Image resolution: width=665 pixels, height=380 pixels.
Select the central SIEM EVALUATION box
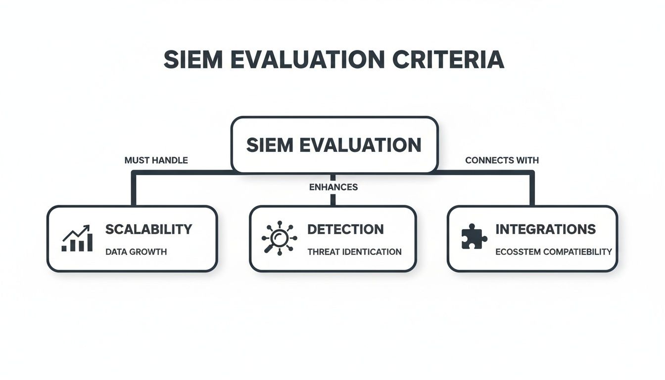click(334, 145)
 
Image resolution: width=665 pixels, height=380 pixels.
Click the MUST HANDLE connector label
click(156, 160)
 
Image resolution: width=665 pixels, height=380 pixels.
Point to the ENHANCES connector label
click(333, 188)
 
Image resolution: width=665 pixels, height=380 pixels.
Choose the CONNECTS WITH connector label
click(502, 160)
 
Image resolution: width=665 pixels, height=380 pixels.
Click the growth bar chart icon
click(77, 238)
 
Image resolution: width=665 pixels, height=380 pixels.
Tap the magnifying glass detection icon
click(279, 238)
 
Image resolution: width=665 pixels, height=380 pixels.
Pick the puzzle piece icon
click(474, 237)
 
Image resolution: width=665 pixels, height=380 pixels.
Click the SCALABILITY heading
click(148, 229)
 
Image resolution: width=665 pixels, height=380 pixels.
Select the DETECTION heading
click(345, 229)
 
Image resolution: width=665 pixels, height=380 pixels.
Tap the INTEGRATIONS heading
click(545, 229)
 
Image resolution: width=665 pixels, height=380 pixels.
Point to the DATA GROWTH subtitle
click(136, 252)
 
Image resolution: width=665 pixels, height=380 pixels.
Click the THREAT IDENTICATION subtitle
click(354, 252)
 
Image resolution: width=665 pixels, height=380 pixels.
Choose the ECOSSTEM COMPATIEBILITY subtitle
click(554, 252)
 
